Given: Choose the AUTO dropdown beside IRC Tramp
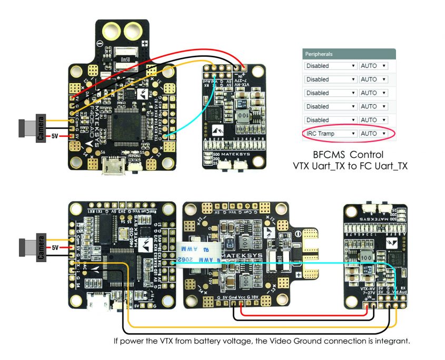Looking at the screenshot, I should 373,134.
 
